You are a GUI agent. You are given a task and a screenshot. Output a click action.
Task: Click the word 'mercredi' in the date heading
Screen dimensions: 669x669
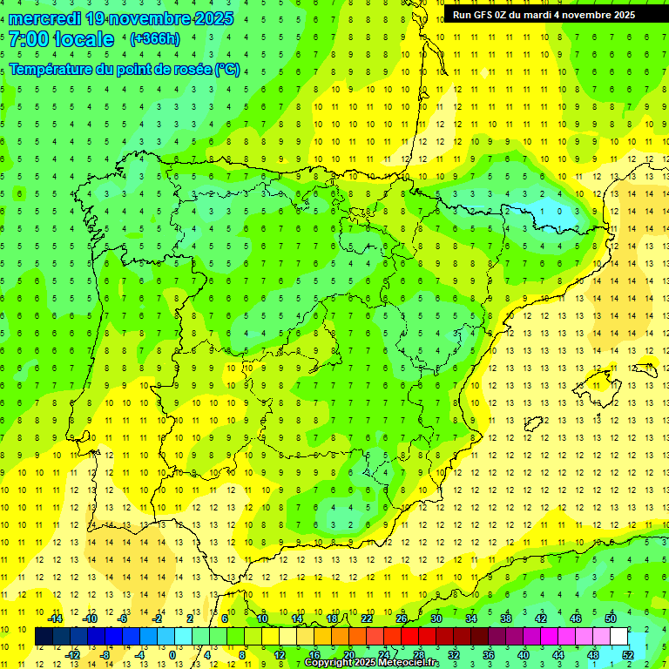[x=45, y=17]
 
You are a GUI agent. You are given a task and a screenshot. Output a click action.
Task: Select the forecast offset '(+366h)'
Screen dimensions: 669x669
[x=154, y=39]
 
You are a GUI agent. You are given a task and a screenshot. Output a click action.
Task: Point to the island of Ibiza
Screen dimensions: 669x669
[x=533, y=424]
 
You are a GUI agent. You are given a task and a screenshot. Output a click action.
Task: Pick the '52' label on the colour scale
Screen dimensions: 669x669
[x=628, y=655]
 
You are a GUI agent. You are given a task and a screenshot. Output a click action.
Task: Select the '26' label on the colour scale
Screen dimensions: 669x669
[x=402, y=618]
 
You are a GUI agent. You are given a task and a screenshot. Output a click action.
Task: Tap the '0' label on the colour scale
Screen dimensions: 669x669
[x=172, y=655]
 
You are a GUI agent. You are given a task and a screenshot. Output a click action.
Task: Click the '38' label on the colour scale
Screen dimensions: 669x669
[x=506, y=618]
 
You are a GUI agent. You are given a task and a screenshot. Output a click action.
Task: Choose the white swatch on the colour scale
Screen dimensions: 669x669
[x=619, y=637]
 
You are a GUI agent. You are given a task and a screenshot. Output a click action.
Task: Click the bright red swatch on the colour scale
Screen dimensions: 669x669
[x=410, y=637]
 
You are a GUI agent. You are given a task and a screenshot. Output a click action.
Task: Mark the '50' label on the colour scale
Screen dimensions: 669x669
[x=611, y=618]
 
